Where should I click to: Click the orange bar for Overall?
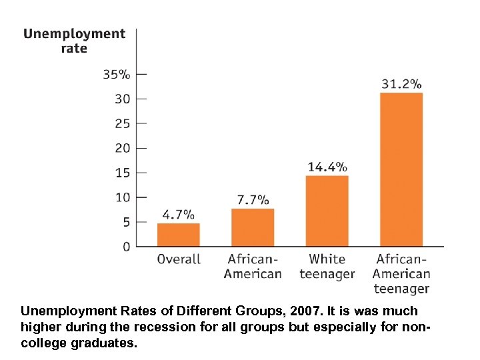[179, 235]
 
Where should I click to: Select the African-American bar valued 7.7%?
[253, 227]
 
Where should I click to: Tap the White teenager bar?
[327, 211]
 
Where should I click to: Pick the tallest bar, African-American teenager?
[401, 169]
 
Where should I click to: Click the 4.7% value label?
[179, 215]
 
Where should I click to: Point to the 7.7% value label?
[253, 199]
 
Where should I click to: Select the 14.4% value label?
[327, 167]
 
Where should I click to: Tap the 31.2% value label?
[401, 84]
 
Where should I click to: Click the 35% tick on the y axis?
[116, 74]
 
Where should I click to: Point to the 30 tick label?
[123, 99]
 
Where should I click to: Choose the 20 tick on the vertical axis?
[123, 148]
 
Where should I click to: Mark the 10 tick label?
[123, 197]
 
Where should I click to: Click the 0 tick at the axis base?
[126, 247]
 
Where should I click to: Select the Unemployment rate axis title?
[74, 41]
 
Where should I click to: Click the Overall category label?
[179, 259]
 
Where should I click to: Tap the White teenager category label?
[327, 266]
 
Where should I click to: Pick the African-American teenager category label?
[401, 273]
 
